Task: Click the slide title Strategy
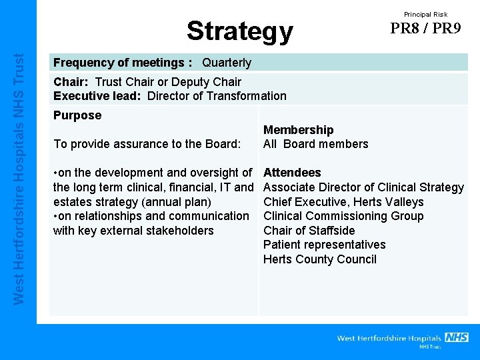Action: click(x=239, y=31)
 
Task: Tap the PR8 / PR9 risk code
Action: click(x=425, y=29)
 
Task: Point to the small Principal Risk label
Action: click(x=425, y=14)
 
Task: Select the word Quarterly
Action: click(x=227, y=63)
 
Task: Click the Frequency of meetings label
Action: click(x=123, y=63)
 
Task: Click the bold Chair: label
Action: click(x=72, y=82)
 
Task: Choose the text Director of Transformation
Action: click(x=217, y=96)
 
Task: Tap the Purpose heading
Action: click(x=77, y=115)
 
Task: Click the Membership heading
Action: click(x=299, y=130)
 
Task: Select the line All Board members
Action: click(x=316, y=144)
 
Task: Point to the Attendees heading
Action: click(x=293, y=173)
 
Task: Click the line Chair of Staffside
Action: click(x=309, y=231)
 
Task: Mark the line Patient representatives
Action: click(x=325, y=245)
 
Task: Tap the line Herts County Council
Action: click(x=320, y=259)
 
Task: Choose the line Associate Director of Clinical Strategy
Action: click(x=363, y=187)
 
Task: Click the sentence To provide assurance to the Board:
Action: click(x=147, y=144)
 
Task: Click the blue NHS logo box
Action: click(x=457, y=337)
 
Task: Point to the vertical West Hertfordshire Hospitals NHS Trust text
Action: click(x=19, y=180)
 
